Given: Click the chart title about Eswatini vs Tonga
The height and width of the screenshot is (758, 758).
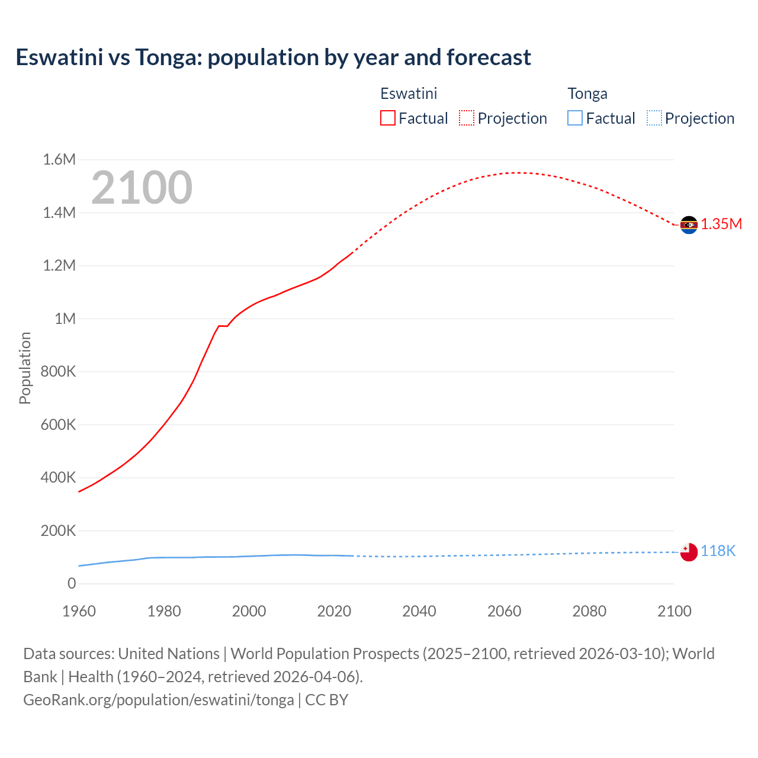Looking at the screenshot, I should [x=273, y=57].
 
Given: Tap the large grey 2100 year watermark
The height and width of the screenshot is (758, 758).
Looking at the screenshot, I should [x=142, y=188].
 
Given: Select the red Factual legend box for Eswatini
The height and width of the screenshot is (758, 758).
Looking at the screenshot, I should [x=387, y=118].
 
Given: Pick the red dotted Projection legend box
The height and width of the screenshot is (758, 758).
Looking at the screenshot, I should [x=467, y=118].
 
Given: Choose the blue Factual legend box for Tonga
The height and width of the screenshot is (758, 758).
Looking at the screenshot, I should [x=574, y=118].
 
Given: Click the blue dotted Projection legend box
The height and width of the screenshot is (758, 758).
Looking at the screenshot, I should [x=654, y=118].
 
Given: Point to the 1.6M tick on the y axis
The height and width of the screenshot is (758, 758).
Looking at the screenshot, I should [x=59, y=159].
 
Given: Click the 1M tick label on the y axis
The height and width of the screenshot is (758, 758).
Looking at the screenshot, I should [x=65, y=319].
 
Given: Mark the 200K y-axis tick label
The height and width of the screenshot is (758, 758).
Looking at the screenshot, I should [x=58, y=531].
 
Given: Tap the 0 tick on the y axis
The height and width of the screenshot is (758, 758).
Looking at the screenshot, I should [x=72, y=583].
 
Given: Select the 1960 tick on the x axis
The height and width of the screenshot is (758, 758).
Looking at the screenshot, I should [x=79, y=611].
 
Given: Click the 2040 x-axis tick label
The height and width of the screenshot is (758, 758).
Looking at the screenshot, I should [x=419, y=611].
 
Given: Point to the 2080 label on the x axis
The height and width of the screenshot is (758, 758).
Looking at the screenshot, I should [x=589, y=611].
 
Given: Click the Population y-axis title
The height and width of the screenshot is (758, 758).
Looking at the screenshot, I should [x=25, y=368].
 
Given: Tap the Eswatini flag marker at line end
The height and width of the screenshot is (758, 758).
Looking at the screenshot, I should [x=688, y=225].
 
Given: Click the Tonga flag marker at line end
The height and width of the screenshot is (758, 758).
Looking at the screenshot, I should [x=688, y=552].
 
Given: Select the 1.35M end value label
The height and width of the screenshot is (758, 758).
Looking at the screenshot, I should [x=721, y=224].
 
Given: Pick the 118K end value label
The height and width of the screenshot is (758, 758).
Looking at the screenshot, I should [x=718, y=551].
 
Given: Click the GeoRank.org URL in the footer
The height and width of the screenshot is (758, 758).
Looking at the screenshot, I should [x=159, y=700].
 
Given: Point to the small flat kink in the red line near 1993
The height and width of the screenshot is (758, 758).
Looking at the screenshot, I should [x=223, y=326].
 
